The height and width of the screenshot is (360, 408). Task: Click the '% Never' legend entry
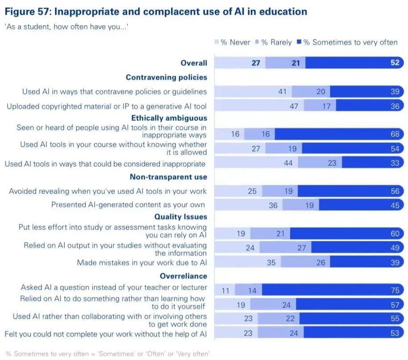tap(230, 42)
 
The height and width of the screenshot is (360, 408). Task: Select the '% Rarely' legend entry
tap(273, 42)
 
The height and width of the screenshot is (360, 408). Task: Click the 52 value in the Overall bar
tap(395, 63)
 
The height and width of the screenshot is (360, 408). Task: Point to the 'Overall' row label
tap(194, 63)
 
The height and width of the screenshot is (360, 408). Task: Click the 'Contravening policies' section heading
tap(166, 77)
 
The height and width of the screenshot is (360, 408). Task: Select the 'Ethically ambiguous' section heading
tap(169, 118)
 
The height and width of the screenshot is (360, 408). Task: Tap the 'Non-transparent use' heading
tap(168, 177)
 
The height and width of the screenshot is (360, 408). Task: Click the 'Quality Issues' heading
tap(180, 217)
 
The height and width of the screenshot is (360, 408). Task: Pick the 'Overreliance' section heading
tap(184, 276)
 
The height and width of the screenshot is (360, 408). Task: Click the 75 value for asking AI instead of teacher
tap(395, 290)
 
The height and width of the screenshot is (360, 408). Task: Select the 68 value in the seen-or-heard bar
tap(395, 134)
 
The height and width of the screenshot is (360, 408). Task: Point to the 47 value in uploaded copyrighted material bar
tap(294, 106)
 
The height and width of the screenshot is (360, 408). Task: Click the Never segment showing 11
tap(225, 290)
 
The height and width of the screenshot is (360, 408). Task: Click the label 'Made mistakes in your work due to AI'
tap(142, 263)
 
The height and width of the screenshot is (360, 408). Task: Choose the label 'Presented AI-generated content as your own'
tap(128, 205)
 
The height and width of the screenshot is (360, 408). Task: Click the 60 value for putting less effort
tap(395, 233)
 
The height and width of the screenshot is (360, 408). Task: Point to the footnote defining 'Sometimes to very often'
tap(107, 354)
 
